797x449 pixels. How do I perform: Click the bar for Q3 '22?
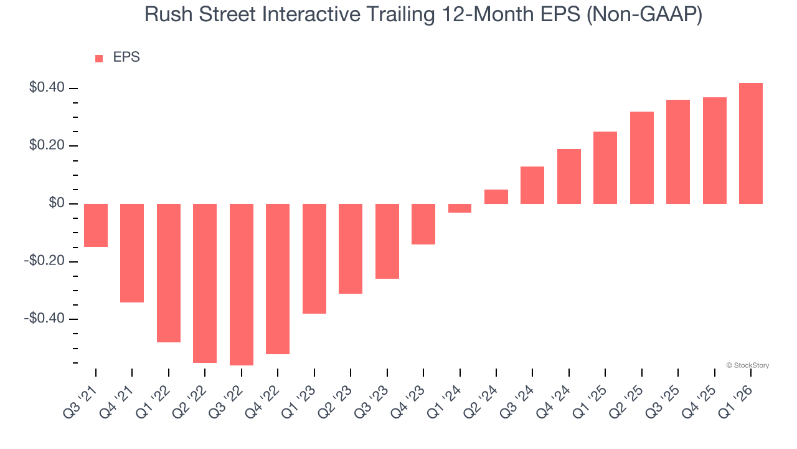pos(242,284)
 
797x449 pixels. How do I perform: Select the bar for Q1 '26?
pos(751,143)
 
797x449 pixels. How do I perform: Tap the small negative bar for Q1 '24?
pos(460,208)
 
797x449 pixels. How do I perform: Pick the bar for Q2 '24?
pos(496,196)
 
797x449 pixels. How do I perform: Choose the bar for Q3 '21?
pos(96,225)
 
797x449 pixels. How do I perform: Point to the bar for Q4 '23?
pos(423,224)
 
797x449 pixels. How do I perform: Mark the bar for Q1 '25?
pos(605,168)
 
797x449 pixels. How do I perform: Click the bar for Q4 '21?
pos(132,253)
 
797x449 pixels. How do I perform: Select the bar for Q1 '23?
pos(314,258)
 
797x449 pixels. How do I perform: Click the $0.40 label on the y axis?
pos(47,88)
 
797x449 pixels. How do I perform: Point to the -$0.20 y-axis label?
pos(44,261)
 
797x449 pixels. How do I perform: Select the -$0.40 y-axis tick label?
pos(44,319)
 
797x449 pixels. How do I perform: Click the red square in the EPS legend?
pos(99,58)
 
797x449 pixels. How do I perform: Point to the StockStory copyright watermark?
pos(747,365)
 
